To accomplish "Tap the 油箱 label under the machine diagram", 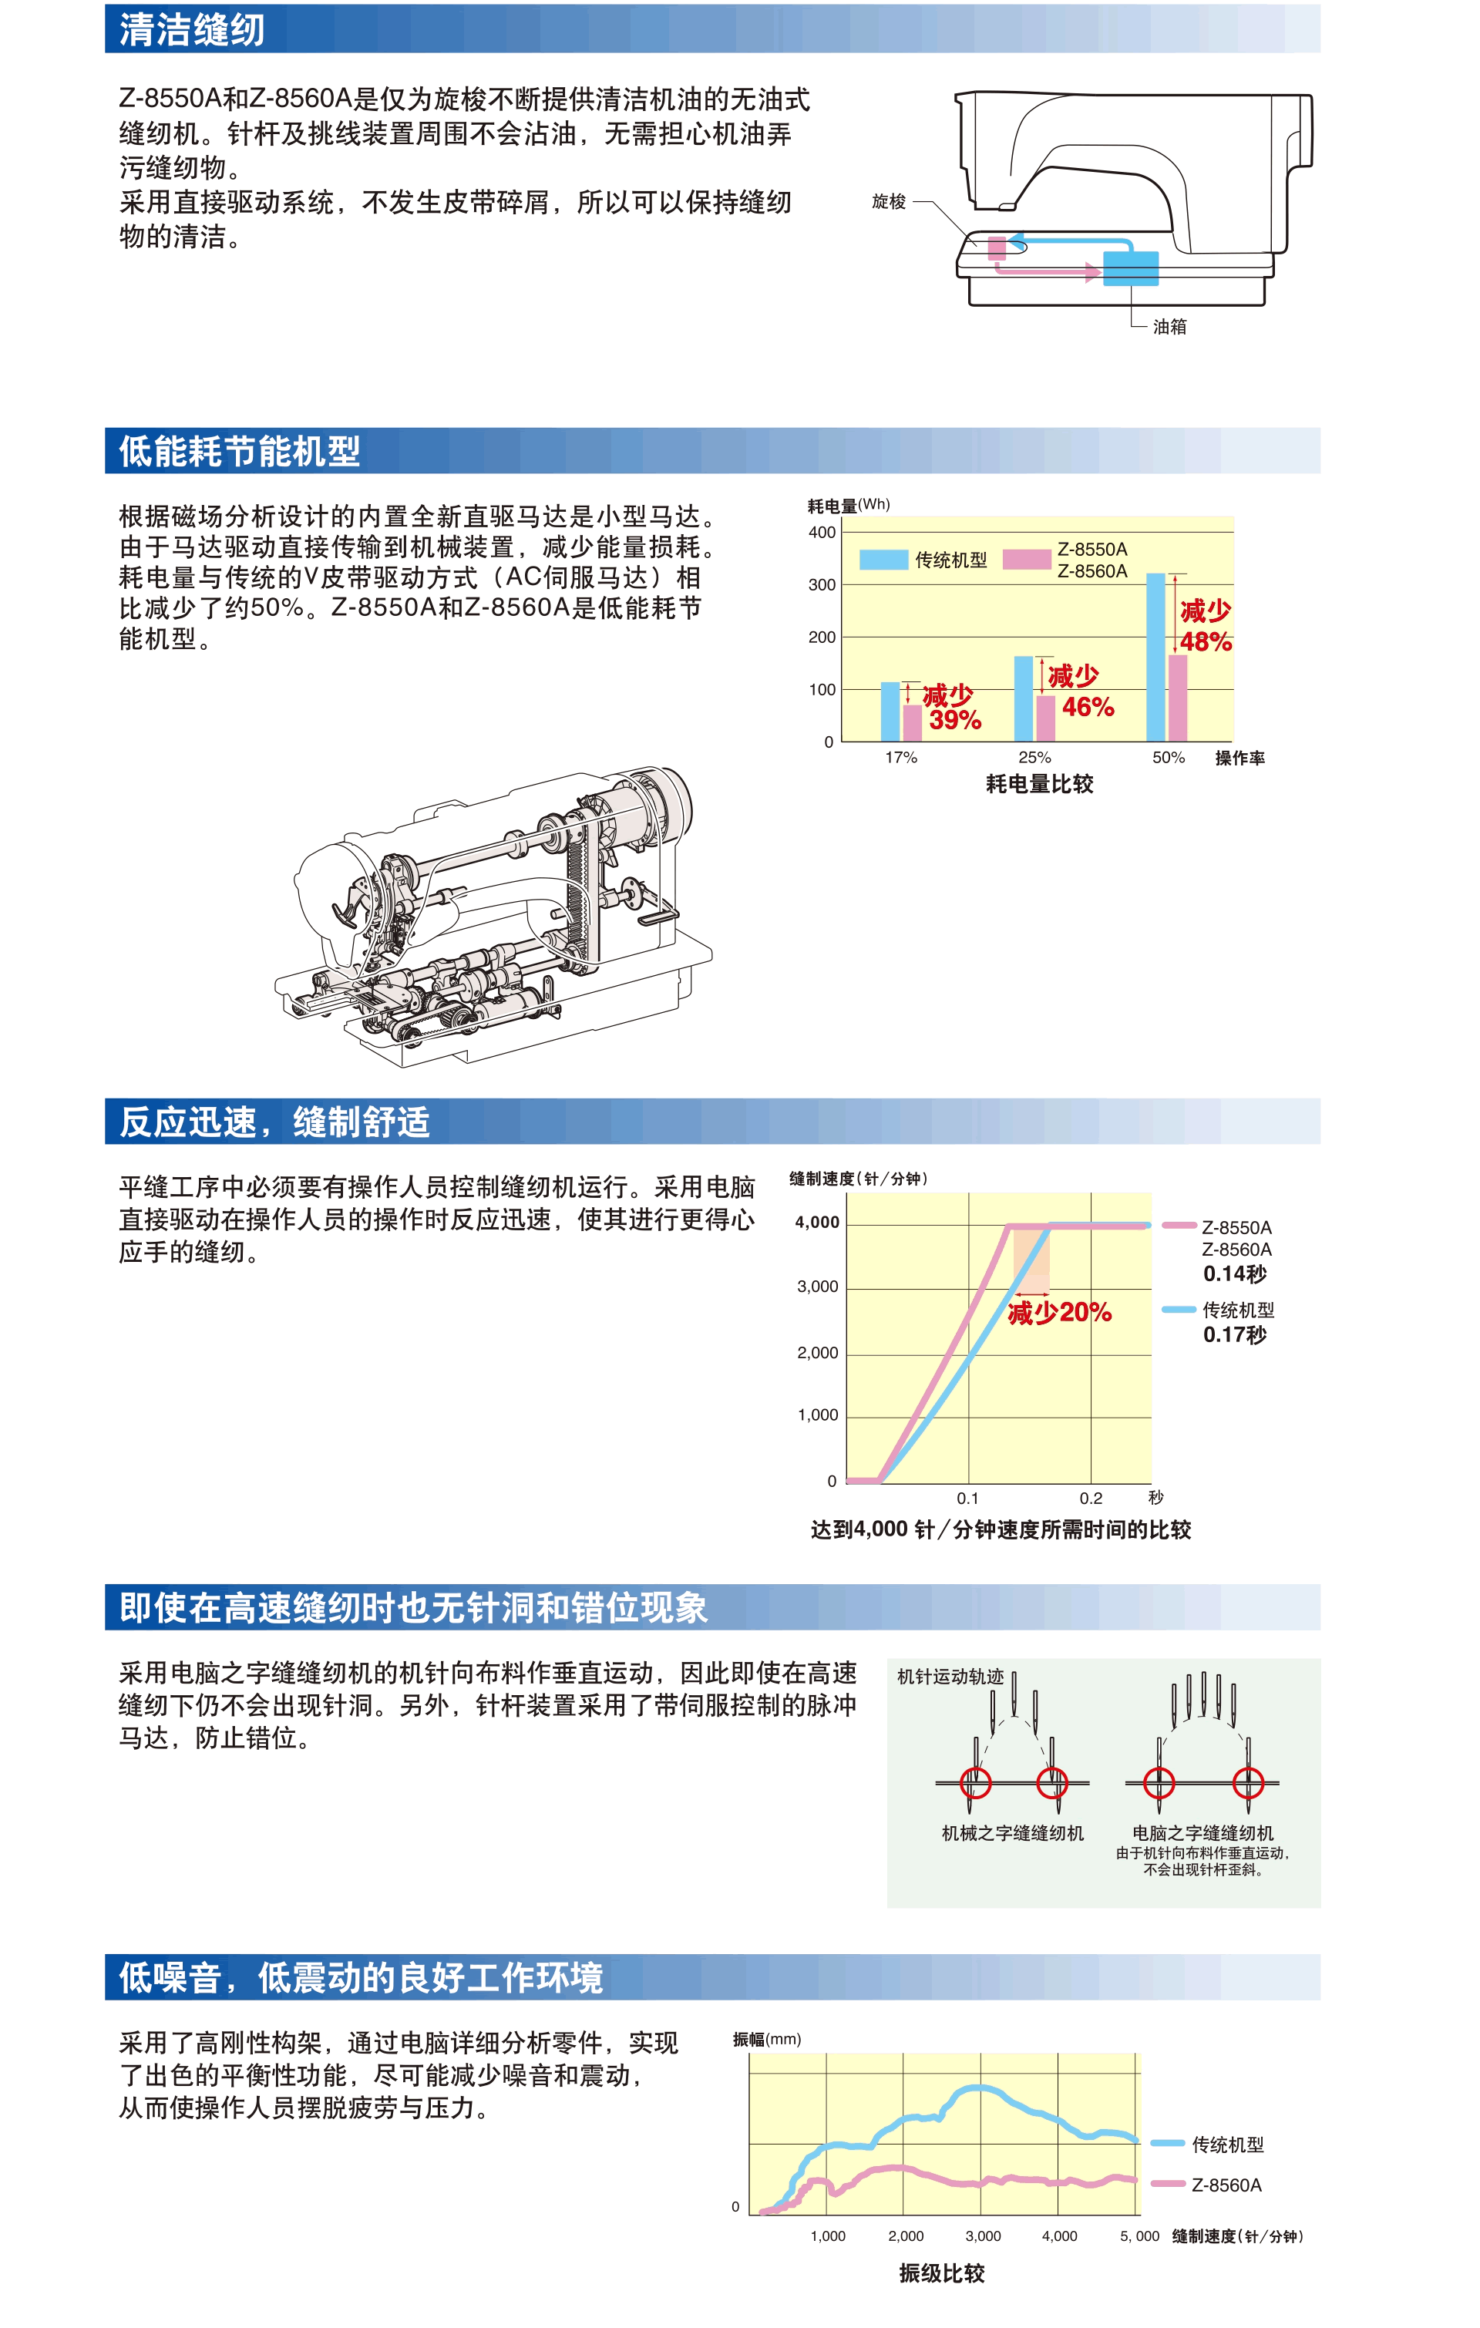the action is point(1169,327).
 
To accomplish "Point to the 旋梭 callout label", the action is point(890,202).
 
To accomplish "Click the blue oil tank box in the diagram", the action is point(1131,267).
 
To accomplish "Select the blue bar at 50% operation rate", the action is point(1156,658).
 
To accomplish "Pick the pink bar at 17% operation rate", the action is point(913,723).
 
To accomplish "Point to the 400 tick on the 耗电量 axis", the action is point(822,532).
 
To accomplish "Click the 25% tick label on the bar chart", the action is point(1034,758).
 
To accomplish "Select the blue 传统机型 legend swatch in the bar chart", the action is point(883,560).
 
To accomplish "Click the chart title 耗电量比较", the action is point(1040,784).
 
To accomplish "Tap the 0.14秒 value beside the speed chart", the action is point(1234,1274).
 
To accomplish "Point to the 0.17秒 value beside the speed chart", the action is point(1234,1335).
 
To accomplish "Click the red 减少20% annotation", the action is point(1059,1313).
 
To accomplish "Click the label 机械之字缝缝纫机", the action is point(1013,1833).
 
